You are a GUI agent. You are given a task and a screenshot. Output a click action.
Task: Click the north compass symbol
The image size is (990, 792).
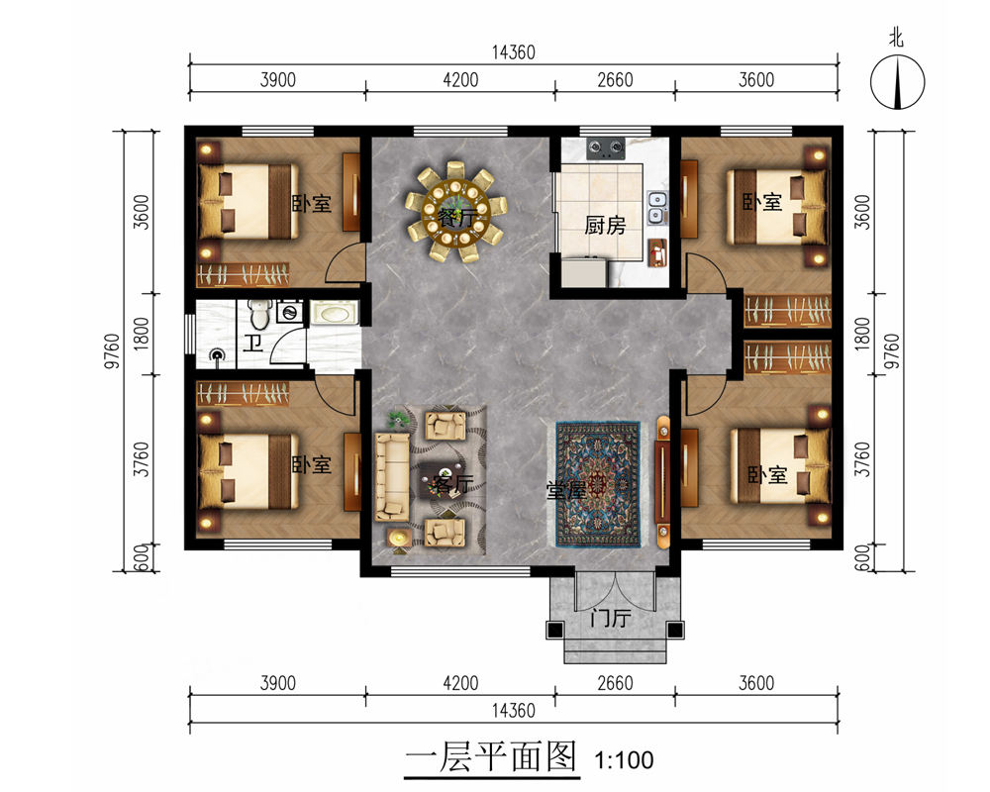click(x=897, y=82)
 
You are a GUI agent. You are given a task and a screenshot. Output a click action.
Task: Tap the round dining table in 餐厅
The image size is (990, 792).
click(x=456, y=211)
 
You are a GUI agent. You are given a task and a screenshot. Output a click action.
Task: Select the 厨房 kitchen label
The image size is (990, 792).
click(x=604, y=225)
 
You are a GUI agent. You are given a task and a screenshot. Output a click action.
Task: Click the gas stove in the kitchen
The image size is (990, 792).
click(x=606, y=148)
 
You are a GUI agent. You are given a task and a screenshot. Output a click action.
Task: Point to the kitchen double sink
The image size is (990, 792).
click(x=656, y=207)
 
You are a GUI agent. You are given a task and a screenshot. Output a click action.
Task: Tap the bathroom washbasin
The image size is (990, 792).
click(x=334, y=313)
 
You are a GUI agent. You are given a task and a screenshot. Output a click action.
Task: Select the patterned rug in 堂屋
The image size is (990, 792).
click(x=597, y=484)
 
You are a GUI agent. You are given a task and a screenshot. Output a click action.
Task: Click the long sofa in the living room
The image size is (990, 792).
click(x=392, y=476)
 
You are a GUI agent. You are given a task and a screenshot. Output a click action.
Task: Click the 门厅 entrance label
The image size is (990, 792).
click(x=611, y=617)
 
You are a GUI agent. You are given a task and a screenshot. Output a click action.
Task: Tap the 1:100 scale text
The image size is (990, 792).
click(x=624, y=759)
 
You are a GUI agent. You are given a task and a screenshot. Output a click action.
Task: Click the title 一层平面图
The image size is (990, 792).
click(x=491, y=756)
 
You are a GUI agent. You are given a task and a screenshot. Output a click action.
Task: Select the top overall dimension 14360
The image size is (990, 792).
click(x=513, y=52)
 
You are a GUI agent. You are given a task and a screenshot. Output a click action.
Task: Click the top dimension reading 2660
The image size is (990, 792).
click(x=615, y=80)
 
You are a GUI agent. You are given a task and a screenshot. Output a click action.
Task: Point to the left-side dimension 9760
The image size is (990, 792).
click(x=112, y=350)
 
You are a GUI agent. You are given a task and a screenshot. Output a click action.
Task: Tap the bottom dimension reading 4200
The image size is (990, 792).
click(x=460, y=683)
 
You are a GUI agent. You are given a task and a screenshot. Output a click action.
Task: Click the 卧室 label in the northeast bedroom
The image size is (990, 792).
click(x=762, y=202)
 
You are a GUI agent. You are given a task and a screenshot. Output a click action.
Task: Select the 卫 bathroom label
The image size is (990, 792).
click(x=253, y=344)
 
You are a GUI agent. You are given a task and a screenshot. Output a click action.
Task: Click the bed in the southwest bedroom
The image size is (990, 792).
click(x=248, y=471)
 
